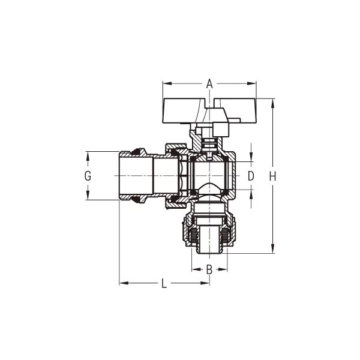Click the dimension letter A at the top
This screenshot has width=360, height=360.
point(209,83)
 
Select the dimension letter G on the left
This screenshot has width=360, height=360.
point(88,176)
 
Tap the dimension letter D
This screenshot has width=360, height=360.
point(251,176)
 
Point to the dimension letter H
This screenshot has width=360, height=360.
point(272,176)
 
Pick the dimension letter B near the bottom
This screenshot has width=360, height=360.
point(209,269)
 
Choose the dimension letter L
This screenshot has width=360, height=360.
point(164,283)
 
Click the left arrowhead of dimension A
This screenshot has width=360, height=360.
point(167,83)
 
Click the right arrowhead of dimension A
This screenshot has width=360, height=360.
point(251,83)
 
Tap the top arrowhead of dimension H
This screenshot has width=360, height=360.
point(272,103)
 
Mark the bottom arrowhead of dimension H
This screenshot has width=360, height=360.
point(272,248)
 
